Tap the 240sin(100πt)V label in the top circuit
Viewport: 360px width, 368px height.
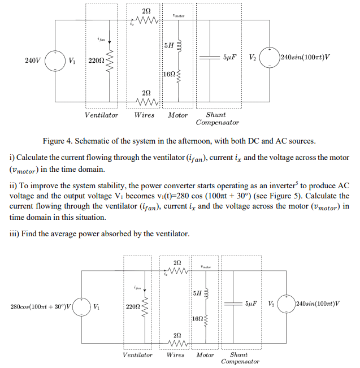(305, 58)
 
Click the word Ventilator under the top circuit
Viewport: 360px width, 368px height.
(102, 115)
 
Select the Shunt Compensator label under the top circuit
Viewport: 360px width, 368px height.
(217, 119)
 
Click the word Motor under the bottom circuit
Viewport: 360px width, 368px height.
(205, 355)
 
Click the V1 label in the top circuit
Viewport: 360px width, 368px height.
(71, 58)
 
